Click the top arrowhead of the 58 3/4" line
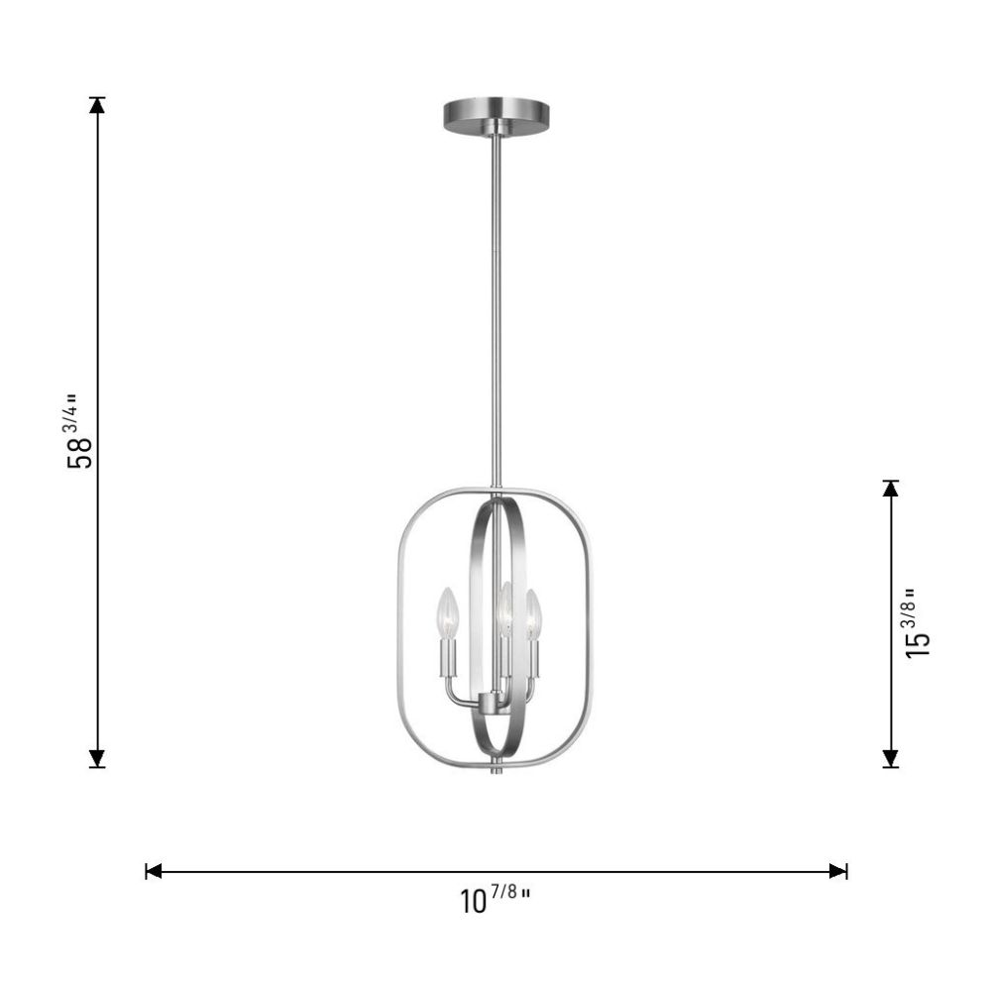97,105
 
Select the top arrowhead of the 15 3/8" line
891,489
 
